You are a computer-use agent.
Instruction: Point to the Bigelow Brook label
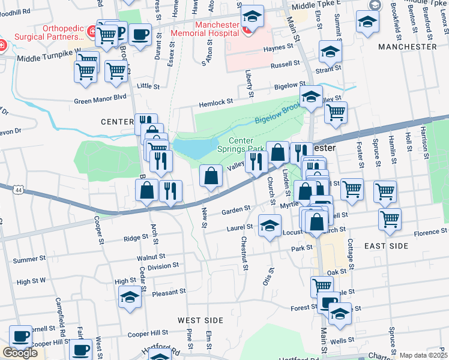point(277,118)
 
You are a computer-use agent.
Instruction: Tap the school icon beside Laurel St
point(270,226)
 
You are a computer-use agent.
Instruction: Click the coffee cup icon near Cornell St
point(21,337)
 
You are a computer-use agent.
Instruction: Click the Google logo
point(20,353)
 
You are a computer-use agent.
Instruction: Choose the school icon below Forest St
point(340,314)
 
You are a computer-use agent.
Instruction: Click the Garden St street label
point(235,210)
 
